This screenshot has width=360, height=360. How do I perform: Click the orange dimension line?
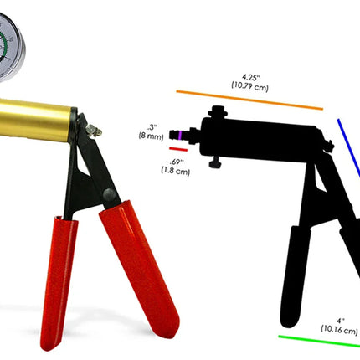click(x=249, y=100)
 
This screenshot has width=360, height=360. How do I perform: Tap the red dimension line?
click(x=178, y=149)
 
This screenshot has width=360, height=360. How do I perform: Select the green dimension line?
click(x=319, y=342)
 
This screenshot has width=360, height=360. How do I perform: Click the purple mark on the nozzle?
click(x=180, y=135)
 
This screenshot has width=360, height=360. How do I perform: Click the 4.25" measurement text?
click(x=250, y=77)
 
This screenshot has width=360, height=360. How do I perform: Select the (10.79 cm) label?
click(x=249, y=86)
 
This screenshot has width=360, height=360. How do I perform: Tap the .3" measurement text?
click(x=152, y=127)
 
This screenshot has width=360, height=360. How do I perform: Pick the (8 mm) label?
click(x=151, y=136)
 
